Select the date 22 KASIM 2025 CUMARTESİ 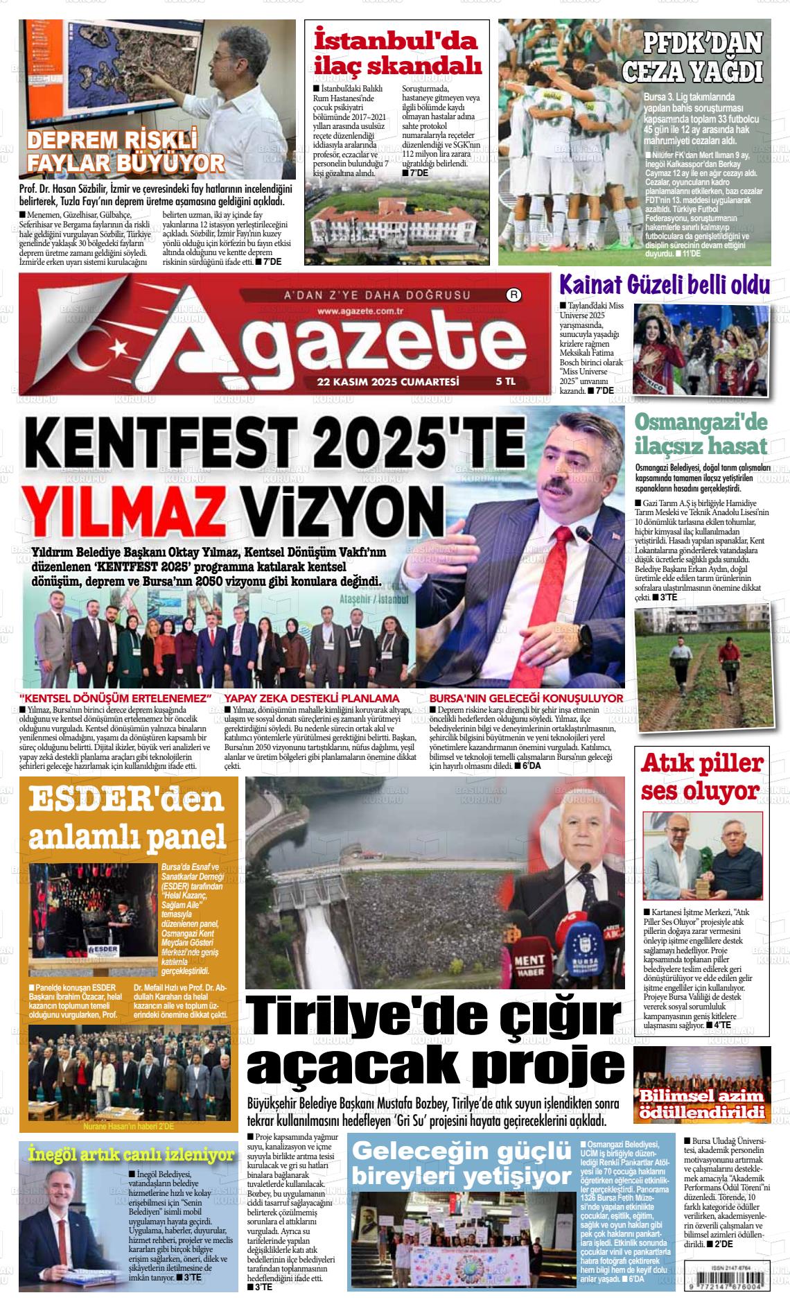click(x=388, y=381)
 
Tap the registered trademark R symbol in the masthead click(x=514, y=295)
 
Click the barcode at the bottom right click(x=739, y=1285)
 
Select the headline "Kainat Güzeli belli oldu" click(x=665, y=286)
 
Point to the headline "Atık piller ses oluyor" click(x=703, y=777)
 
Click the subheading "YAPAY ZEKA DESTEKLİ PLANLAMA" click(x=312, y=698)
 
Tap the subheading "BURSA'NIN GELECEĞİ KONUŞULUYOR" click(x=526, y=698)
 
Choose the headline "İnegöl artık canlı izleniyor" click(x=132, y=1155)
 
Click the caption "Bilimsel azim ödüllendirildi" click(x=702, y=1105)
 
